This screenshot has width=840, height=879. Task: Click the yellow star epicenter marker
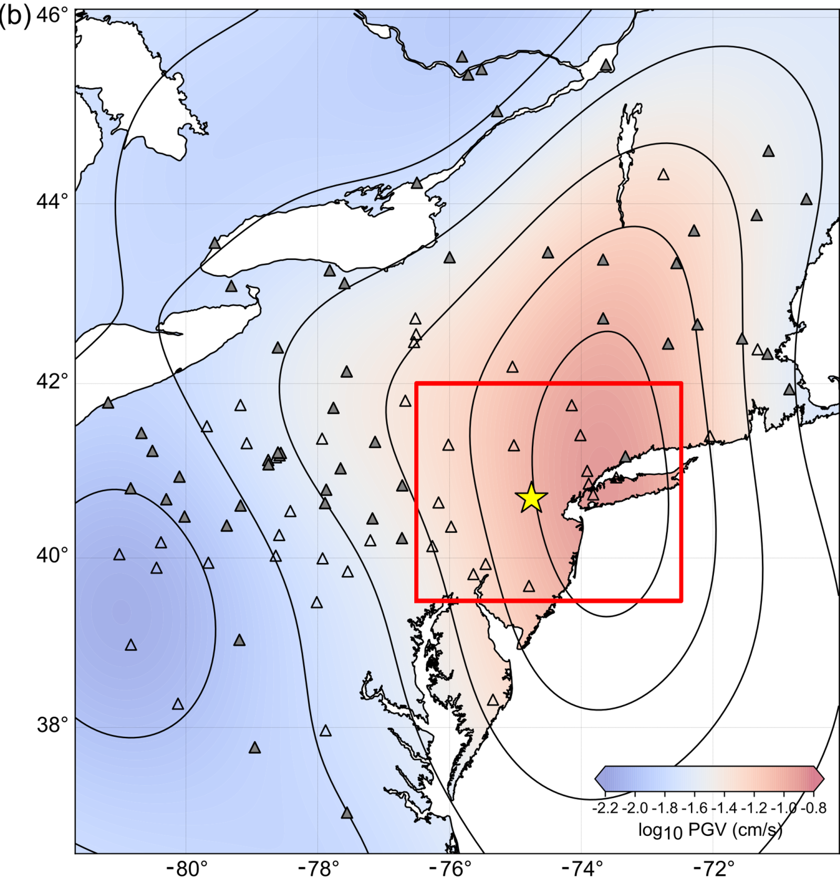click(x=531, y=498)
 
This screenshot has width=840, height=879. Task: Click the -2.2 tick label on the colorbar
click(x=605, y=808)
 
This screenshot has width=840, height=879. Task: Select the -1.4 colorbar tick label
click(x=725, y=808)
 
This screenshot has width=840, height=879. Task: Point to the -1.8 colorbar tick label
click(x=665, y=808)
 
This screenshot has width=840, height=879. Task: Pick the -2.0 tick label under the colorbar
click(x=635, y=808)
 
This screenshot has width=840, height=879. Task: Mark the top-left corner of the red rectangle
click(x=416, y=383)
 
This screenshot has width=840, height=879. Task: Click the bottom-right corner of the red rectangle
click(x=681, y=600)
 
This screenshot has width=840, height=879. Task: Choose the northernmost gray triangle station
click(x=462, y=57)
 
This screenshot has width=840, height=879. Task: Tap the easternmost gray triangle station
click(x=806, y=200)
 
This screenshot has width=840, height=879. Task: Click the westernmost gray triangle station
click(x=108, y=403)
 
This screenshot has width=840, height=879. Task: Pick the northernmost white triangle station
click(x=664, y=175)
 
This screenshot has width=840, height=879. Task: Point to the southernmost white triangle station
click(x=325, y=731)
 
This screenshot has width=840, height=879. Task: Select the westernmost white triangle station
click(x=120, y=554)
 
